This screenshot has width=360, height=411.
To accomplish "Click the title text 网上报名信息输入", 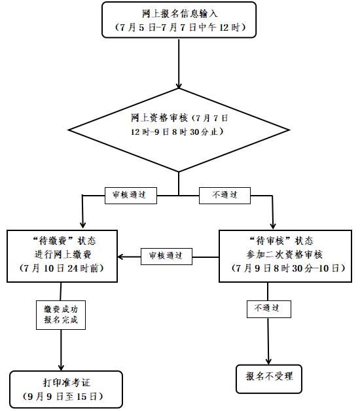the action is coord(179,14).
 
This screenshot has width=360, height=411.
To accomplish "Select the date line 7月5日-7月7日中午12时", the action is coord(179,27).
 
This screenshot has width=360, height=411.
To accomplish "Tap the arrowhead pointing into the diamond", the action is coord(179,86).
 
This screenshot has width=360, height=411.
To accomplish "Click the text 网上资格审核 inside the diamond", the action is coord(159,118).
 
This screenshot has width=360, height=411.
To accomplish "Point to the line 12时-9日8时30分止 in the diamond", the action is coord(177,132).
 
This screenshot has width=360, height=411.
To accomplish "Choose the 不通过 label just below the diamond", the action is coord(225,196).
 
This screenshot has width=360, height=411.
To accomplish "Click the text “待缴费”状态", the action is coord(63,241).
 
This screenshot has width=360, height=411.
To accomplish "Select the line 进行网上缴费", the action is coord(63,254).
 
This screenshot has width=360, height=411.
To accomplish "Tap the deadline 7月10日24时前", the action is coord(62,268).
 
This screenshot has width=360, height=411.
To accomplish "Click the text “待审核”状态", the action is coord(281,241).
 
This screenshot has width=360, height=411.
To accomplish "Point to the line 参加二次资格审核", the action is coord(285,254).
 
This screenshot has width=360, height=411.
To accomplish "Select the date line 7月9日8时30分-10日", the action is coord(288,268).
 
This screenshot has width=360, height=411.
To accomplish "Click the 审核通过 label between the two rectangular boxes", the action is coord(166,257).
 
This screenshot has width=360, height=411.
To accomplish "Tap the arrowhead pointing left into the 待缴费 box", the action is coord(120,257).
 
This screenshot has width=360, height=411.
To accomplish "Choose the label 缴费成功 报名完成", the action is coord(61,315).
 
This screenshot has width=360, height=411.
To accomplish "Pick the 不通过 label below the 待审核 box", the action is coord(269,309).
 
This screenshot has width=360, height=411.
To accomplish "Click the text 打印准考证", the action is coord(67,383).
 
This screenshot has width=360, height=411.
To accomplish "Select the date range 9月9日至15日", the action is coord(63,397).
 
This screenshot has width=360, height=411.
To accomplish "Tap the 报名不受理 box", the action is coord(269,379).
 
